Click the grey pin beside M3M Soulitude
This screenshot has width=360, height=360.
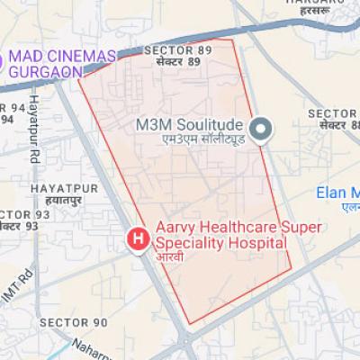(x=260, y=131)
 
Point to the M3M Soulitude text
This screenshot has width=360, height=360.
(x=190, y=122)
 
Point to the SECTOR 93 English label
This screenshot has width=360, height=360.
(x=20, y=214)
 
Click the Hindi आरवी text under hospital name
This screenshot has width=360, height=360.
(x=170, y=257)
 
